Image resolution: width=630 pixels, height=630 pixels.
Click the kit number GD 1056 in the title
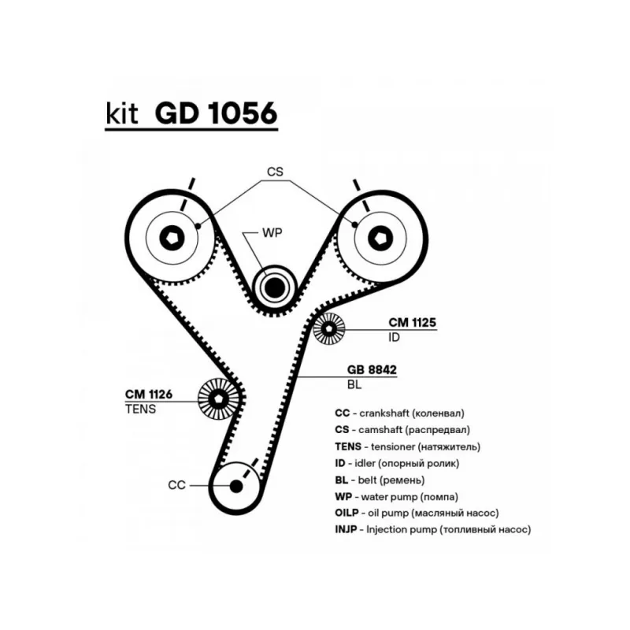click(217, 114)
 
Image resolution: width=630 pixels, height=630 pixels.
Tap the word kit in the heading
click(122, 114)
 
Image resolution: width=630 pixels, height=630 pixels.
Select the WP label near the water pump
click(272, 232)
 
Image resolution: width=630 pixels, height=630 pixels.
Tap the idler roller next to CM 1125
click(329, 329)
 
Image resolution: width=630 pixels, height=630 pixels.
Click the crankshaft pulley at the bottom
click(235, 485)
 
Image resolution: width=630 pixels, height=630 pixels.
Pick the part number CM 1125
click(412, 323)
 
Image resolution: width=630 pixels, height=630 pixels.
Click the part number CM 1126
click(148, 394)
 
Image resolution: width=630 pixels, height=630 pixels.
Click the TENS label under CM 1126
click(140, 409)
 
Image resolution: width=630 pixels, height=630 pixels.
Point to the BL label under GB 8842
click(354, 385)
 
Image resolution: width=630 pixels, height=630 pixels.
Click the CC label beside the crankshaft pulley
click(176, 485)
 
